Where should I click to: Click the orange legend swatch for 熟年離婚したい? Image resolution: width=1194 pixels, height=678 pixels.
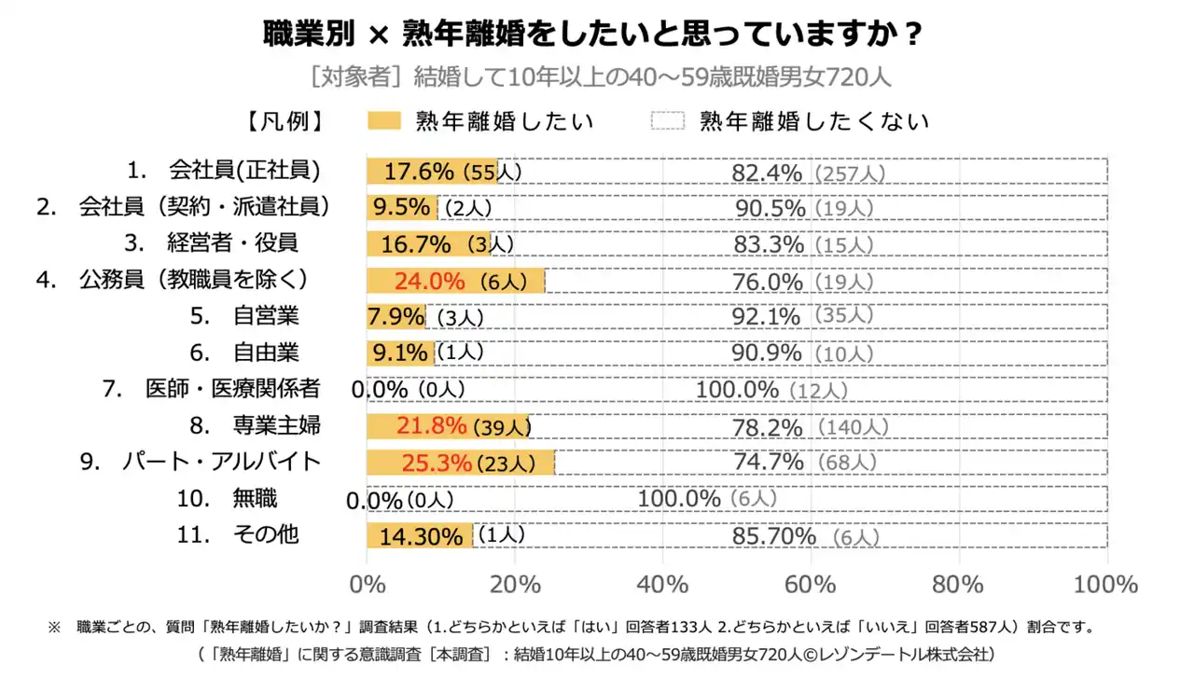383,120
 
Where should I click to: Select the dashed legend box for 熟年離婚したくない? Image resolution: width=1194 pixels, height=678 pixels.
667,120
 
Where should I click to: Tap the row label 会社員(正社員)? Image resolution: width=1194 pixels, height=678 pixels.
244,171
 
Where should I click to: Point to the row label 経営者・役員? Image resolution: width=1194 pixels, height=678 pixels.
232,243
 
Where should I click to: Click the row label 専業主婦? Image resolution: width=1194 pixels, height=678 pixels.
276,426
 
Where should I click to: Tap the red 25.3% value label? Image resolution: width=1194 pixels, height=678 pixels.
436,463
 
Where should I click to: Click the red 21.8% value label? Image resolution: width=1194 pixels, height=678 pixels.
431,426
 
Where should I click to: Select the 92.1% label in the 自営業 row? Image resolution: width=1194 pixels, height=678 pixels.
766,316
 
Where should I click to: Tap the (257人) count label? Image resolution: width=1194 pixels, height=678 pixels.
848,173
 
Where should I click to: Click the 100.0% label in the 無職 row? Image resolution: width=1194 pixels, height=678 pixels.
679,499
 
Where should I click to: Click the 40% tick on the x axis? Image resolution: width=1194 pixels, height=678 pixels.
662,585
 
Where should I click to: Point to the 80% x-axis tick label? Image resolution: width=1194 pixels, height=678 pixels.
958,585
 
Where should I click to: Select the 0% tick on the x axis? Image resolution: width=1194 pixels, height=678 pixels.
367,585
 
